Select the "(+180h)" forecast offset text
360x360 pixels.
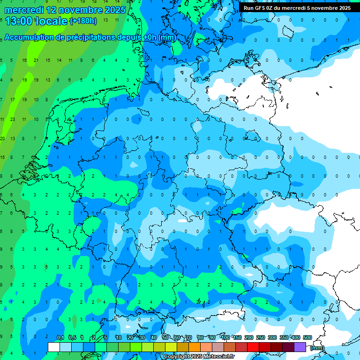click(83, 21)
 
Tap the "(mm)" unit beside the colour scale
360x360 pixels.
click(317, 348)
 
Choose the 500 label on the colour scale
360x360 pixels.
click(307, 337)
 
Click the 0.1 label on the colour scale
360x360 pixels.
click(60, 337)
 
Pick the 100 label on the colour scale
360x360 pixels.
click(225, 337)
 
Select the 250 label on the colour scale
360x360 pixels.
click(261, 337)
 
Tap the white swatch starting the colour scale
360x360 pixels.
click(54, 347)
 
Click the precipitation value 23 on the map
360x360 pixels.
click(13, 120)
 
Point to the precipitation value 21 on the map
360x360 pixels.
click(36, 60)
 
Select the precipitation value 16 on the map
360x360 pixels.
click(24, 60)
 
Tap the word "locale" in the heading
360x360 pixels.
click(52, 21)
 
